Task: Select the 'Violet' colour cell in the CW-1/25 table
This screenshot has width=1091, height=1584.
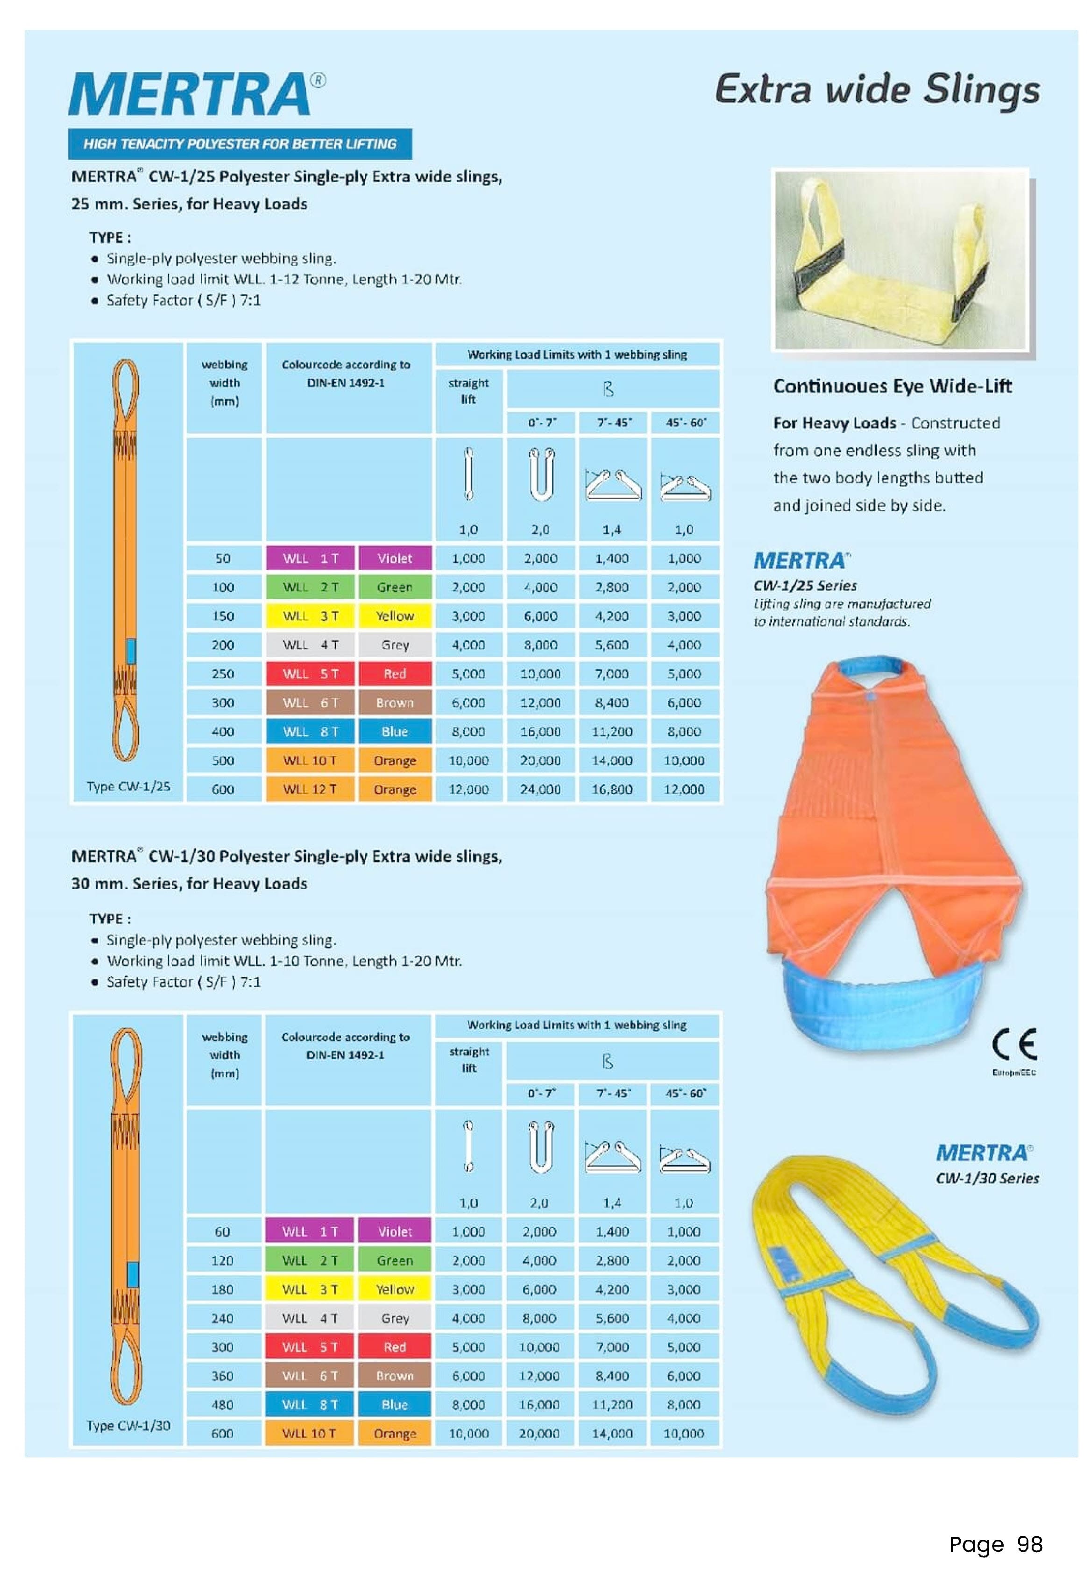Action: (x=395, y=559)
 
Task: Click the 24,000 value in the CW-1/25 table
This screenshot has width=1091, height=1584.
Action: (x=540, y=789)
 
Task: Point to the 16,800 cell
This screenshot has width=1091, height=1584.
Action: (x=612, y=789)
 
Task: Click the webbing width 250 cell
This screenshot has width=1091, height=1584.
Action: (x=223, y=674)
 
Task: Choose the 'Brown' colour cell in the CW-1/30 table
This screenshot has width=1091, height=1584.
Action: (x=395, y=1376)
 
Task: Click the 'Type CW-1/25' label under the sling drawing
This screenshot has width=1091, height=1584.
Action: (x=128, y=786)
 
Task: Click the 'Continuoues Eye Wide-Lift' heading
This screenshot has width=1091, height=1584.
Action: (x=892, y=386)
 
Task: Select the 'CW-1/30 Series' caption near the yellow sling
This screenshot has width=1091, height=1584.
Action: (x=987, y=1178)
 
